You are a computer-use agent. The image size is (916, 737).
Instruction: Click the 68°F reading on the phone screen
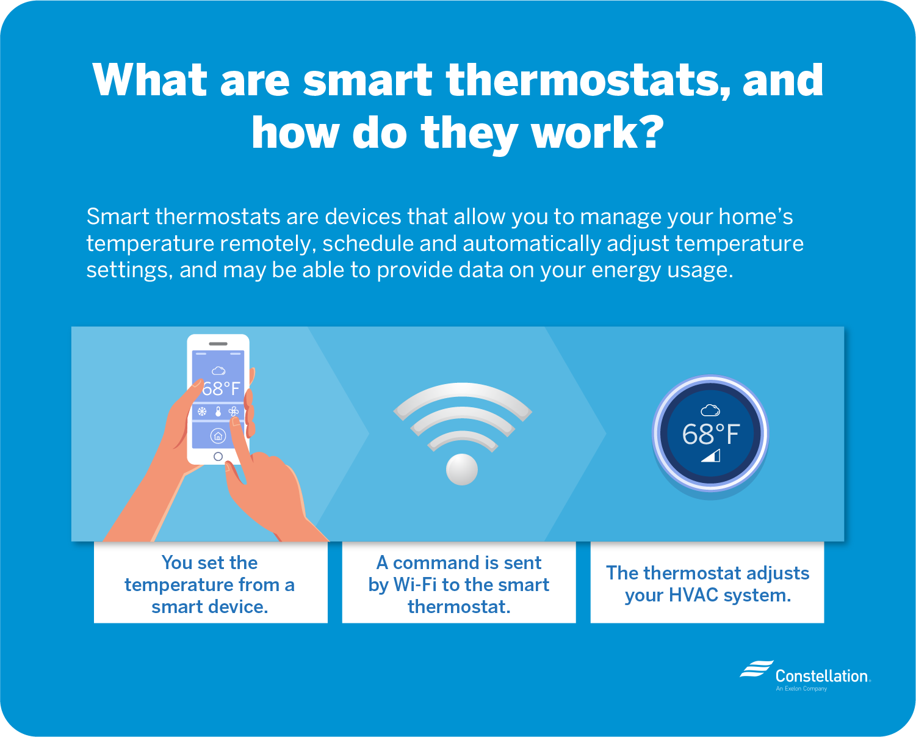click(221, 388)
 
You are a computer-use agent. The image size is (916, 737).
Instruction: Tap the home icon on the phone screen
click(218, 436)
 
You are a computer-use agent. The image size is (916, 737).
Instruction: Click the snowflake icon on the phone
click(202, 411)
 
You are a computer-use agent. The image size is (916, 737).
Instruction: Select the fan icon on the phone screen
click(234, 411)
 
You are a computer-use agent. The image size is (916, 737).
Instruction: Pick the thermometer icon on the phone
click(218, 411)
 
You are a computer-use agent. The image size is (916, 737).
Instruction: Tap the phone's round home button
click(218, 457)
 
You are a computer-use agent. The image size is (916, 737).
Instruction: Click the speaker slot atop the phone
click(218, 344)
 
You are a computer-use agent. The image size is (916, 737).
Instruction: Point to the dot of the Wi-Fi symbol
click(462, 470)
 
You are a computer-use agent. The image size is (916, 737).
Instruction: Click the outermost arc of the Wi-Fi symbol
click(462, 390)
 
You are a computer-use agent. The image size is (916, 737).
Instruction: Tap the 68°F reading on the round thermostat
click(711, 435)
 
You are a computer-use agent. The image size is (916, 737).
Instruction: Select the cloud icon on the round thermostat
click(710, 410)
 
